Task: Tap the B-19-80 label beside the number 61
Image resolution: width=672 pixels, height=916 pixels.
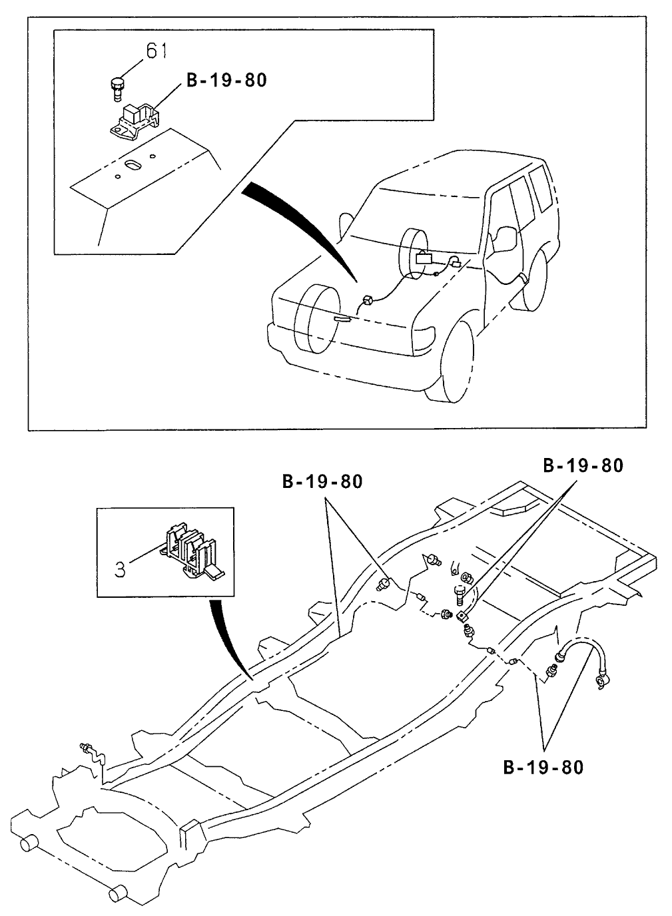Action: point(226,80)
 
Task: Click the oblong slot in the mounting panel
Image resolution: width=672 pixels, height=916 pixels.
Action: point(134,164)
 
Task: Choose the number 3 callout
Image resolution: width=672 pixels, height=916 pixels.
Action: point(119,569)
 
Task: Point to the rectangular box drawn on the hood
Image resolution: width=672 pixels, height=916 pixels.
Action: point(424,258)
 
